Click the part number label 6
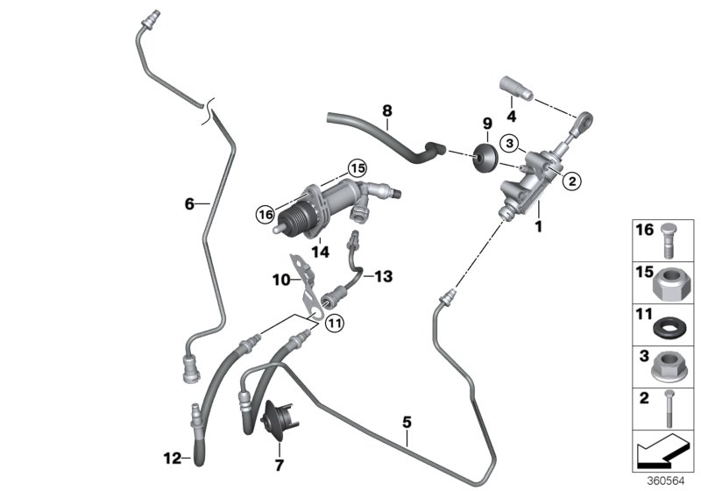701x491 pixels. pos(188,204)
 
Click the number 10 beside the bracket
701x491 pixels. pos(280,281)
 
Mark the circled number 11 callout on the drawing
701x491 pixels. pos(334,324)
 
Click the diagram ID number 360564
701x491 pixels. pos(674,480)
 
